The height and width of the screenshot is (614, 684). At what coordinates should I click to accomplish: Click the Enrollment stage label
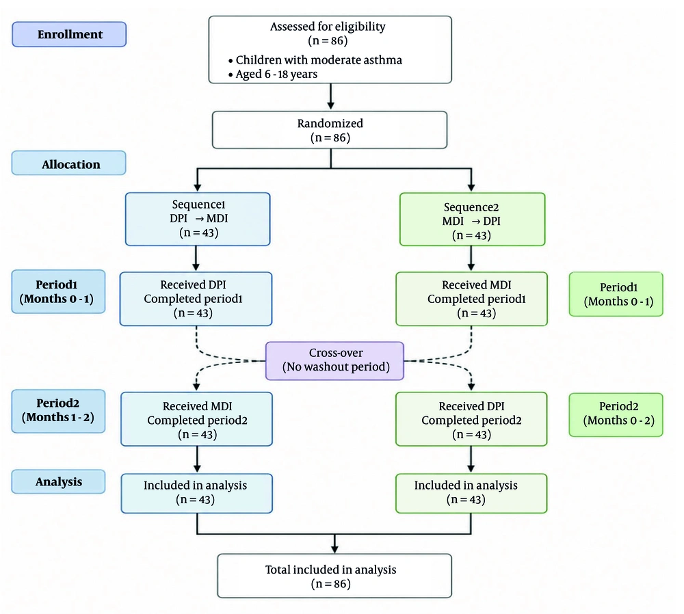tap(69, 34)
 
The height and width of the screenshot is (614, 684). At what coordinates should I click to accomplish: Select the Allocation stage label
tap(69, 163)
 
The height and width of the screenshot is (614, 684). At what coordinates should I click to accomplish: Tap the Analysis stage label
tap(58, 481)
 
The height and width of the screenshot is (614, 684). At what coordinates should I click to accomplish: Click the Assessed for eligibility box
tap(330, 50)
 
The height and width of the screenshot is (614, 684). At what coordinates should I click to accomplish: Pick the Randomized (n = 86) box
tap(330, 130)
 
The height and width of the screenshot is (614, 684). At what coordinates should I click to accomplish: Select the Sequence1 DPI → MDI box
tap(198, 219)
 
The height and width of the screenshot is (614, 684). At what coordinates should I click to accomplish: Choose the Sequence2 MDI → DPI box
tap(473, 219)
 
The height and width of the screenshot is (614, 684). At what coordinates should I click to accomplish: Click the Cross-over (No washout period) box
tap(334, 360)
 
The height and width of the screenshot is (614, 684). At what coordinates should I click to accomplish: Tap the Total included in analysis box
tap(334, 576)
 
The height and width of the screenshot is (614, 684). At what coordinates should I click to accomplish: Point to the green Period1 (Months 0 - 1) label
tap(616, 294)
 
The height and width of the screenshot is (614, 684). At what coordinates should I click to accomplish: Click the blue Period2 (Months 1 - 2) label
tap(58, 411)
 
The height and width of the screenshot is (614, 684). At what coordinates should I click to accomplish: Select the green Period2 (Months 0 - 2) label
tap(616, 415)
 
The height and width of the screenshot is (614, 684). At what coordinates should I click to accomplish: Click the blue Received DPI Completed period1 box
tap(196, 299)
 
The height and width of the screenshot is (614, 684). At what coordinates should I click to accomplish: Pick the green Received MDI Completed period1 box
tap(471, 299)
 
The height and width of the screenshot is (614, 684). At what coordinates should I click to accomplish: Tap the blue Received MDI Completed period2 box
tap(197, 419)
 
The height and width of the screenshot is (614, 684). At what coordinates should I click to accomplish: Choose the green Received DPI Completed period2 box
tap(471, 419)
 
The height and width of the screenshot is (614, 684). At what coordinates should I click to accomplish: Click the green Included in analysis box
tap(471, 493)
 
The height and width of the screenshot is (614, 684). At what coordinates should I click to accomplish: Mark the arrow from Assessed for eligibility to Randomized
tap(330, 96)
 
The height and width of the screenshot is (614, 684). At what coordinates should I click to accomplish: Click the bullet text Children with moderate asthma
tap(319, 60)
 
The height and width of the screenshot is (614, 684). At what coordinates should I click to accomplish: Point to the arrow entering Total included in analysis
tap(334, 544)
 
